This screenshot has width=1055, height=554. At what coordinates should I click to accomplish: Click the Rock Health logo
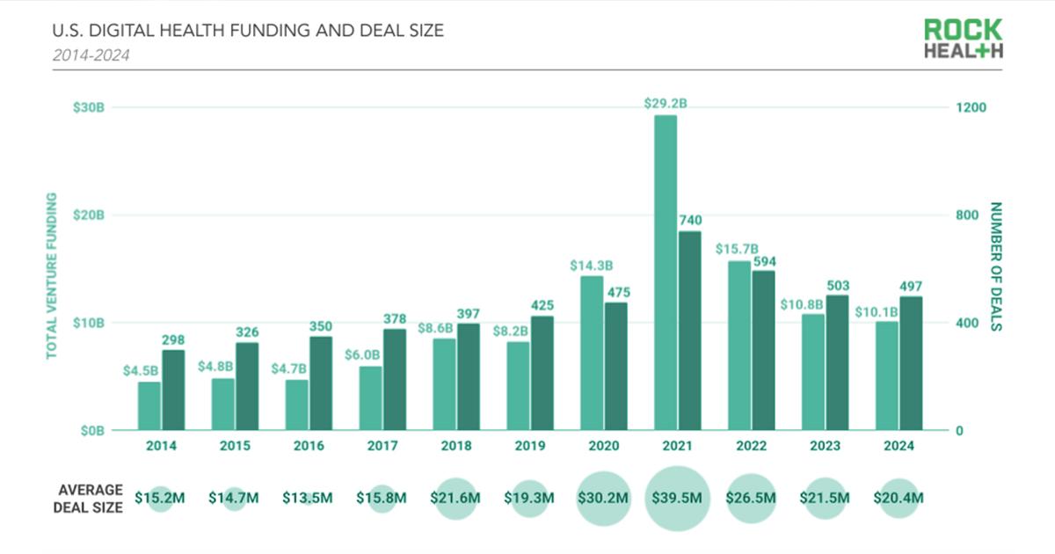click(x=964, y=38)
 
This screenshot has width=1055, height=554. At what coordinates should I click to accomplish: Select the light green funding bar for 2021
click(x=666, y=273)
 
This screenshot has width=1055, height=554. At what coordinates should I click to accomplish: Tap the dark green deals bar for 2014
click(x=173, y=390)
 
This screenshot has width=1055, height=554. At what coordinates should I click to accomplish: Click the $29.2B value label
click(x=666, y=103)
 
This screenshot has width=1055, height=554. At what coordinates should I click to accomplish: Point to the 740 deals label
click(x=690, y=220)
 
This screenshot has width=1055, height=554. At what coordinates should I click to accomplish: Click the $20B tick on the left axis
click(x=89, y=215)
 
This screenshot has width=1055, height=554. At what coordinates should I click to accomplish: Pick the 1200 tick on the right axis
click(x=971, y=107)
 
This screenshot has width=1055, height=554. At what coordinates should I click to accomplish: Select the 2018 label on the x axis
click(x=456, y=446)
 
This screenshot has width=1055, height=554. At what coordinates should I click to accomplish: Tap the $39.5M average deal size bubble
click(x=677, y=499)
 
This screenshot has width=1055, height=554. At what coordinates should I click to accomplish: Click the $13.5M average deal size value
click(x=308, y=498)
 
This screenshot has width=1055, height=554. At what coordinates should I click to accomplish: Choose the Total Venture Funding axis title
click(x=51, y=276)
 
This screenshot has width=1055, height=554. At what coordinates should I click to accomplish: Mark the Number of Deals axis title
click(x=996, y=266)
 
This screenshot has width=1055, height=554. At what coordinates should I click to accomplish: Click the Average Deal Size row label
click(x=88, y=499)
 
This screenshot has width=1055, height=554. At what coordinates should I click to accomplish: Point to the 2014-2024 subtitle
click(x=91, y=55)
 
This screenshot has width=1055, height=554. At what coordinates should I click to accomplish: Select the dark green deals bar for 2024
click(x=911, y=363)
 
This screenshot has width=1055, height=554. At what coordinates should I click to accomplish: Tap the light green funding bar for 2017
click(x=371, y=398)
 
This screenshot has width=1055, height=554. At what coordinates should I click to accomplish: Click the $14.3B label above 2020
click(x=592, y=266)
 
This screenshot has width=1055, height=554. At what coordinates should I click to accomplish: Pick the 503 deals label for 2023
click(x=838, y=286)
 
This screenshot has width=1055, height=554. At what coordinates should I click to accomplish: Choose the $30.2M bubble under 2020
click(x=603, y=499)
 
